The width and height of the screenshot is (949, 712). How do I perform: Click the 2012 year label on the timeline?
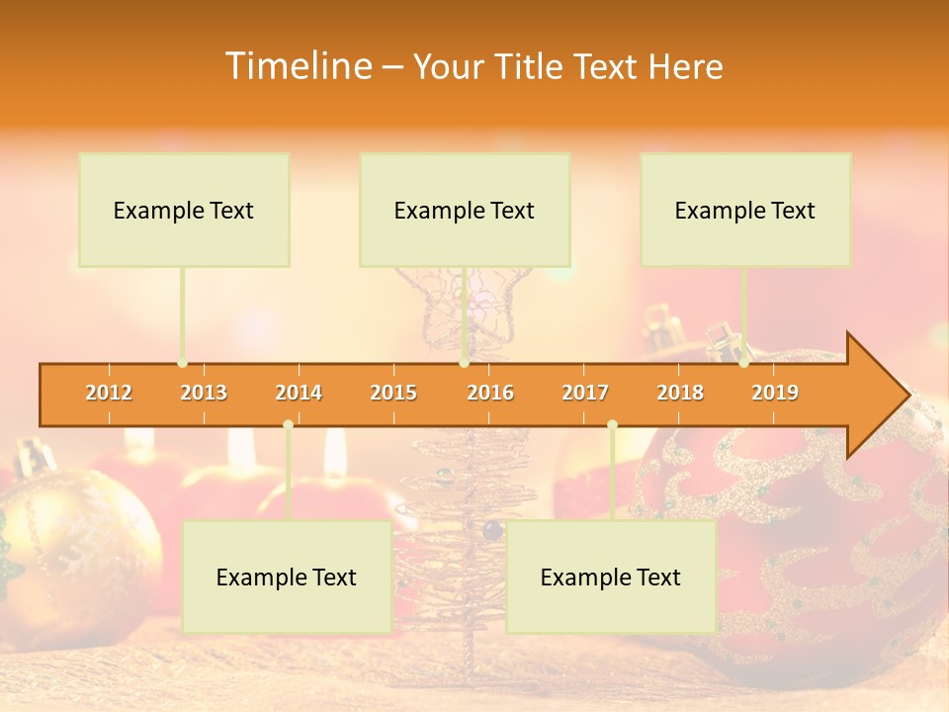click(109, 393)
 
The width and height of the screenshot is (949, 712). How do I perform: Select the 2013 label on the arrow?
click(204, 393)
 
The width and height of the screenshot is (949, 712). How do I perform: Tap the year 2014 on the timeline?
click(299, 393)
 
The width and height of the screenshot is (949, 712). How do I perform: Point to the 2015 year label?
click(393, 393)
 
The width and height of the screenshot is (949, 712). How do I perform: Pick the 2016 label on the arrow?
click(490, 393)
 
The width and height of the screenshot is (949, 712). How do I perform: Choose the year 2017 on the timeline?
click(585, 393)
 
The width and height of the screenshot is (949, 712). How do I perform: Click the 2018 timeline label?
click(680, 393)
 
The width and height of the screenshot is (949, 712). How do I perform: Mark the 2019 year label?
click(775, 393)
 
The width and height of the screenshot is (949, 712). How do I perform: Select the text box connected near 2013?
click(184, 210)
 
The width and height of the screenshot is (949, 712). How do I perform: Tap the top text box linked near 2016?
click(465, 210)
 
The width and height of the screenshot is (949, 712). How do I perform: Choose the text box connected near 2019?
click(745, 210)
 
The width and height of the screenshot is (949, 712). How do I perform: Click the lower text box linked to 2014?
click(287, 577)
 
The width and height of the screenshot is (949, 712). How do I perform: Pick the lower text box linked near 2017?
click(611, 577)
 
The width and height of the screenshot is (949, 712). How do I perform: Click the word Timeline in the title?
click(296, 66)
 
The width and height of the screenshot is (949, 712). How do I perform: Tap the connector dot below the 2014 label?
click(288, 424)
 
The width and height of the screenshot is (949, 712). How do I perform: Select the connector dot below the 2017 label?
click(612, 424)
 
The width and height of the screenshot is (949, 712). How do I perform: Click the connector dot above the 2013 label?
click(183, 363)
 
